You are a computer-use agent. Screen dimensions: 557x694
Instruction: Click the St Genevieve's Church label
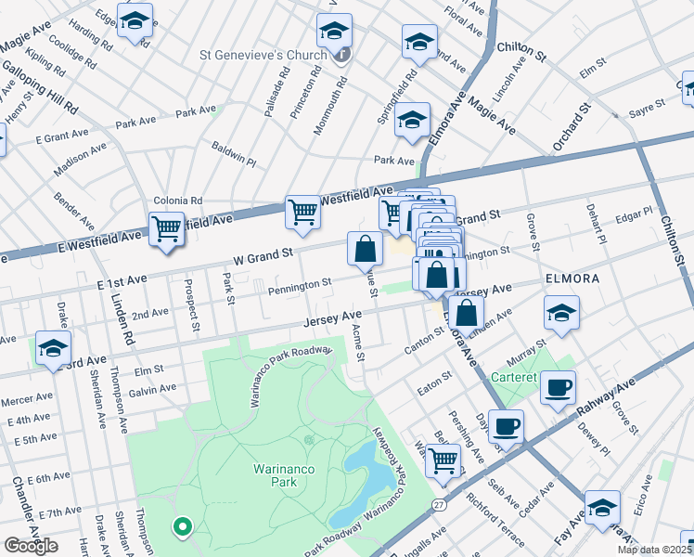(x=263, y=55)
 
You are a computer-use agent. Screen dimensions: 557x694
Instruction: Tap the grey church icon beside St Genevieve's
(x=342, y=55)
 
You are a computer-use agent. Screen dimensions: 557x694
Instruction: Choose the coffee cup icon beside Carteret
(x=558, y=387)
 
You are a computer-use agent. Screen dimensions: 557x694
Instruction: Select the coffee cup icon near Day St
(x=506, y=426)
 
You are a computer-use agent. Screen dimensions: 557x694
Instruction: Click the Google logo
(x=31, y=545)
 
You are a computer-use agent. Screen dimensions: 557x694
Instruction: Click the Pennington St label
(x=300, y=285)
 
